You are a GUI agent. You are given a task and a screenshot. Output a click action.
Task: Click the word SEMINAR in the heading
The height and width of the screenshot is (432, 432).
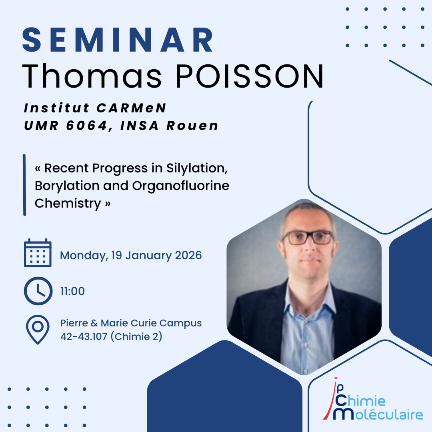click(118, 40)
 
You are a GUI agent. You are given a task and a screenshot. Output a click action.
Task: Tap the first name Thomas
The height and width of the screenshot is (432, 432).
click(92, 76)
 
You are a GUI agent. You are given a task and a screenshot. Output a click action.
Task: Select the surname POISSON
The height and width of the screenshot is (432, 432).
click(249, 76)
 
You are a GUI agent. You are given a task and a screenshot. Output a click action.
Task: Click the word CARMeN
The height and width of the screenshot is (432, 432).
click(132, 108)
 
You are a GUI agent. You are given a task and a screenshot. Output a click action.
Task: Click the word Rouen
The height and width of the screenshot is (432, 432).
click(192, 126)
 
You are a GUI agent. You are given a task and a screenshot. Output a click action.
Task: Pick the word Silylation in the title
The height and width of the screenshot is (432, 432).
click(197, 168)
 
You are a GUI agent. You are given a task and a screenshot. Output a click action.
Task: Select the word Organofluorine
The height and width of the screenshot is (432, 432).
click(181, 186)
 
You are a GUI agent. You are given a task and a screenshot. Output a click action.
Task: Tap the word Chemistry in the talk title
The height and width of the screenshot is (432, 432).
click(68, 204)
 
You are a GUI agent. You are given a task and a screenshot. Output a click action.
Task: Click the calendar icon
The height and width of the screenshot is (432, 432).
click(38, 253)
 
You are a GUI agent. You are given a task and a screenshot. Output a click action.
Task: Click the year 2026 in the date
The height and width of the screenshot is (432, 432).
click(188, 255)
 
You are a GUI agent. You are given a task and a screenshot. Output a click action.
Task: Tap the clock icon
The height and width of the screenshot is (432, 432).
click(38, 291)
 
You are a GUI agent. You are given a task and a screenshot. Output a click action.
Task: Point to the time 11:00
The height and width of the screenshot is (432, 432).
click(72, 291)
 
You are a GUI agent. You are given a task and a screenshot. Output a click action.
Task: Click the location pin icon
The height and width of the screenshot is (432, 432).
click(38, 330)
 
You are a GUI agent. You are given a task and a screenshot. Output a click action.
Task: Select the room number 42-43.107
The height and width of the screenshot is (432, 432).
click(84, 336)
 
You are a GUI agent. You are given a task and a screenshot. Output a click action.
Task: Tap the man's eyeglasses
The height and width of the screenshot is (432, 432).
click(308, 238)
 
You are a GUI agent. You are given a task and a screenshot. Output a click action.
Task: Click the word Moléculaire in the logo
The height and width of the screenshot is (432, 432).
click(378, 414)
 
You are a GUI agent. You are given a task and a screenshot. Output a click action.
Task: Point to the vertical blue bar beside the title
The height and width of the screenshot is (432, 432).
click(24, 185)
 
